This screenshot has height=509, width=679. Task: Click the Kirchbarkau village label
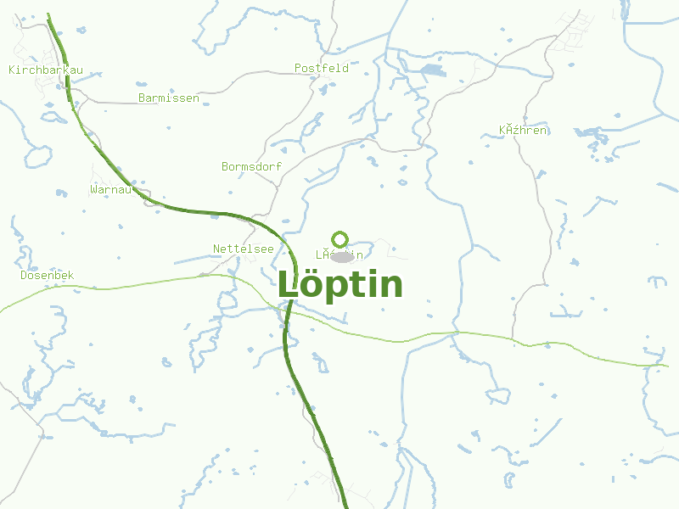(46, 70)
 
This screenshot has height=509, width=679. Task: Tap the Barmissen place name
(168, 98)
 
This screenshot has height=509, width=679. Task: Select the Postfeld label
(321, 68)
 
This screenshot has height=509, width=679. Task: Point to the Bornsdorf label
(251, 167)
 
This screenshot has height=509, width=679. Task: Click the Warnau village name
(110, 189)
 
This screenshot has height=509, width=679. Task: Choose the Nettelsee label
(243, 249)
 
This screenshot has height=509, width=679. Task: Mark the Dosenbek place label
(48, 276)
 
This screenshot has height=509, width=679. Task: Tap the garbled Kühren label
(524, 131)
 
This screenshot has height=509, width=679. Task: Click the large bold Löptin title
(340, 285)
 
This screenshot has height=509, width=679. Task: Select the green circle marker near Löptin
(340, 238)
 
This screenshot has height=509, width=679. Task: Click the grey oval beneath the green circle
(342, 257)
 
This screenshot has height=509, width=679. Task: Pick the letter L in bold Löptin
(289, 285)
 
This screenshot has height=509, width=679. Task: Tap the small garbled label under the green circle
(339, 255)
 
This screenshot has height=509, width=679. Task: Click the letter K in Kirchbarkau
(12, 70)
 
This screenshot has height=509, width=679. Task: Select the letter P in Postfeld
(298, 68)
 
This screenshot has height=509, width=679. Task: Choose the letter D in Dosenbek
(24, 276)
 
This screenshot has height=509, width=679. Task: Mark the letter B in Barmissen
(142, 98)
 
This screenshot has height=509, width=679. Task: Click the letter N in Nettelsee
(216, 249)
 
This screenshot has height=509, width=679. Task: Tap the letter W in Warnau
(93, 189)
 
